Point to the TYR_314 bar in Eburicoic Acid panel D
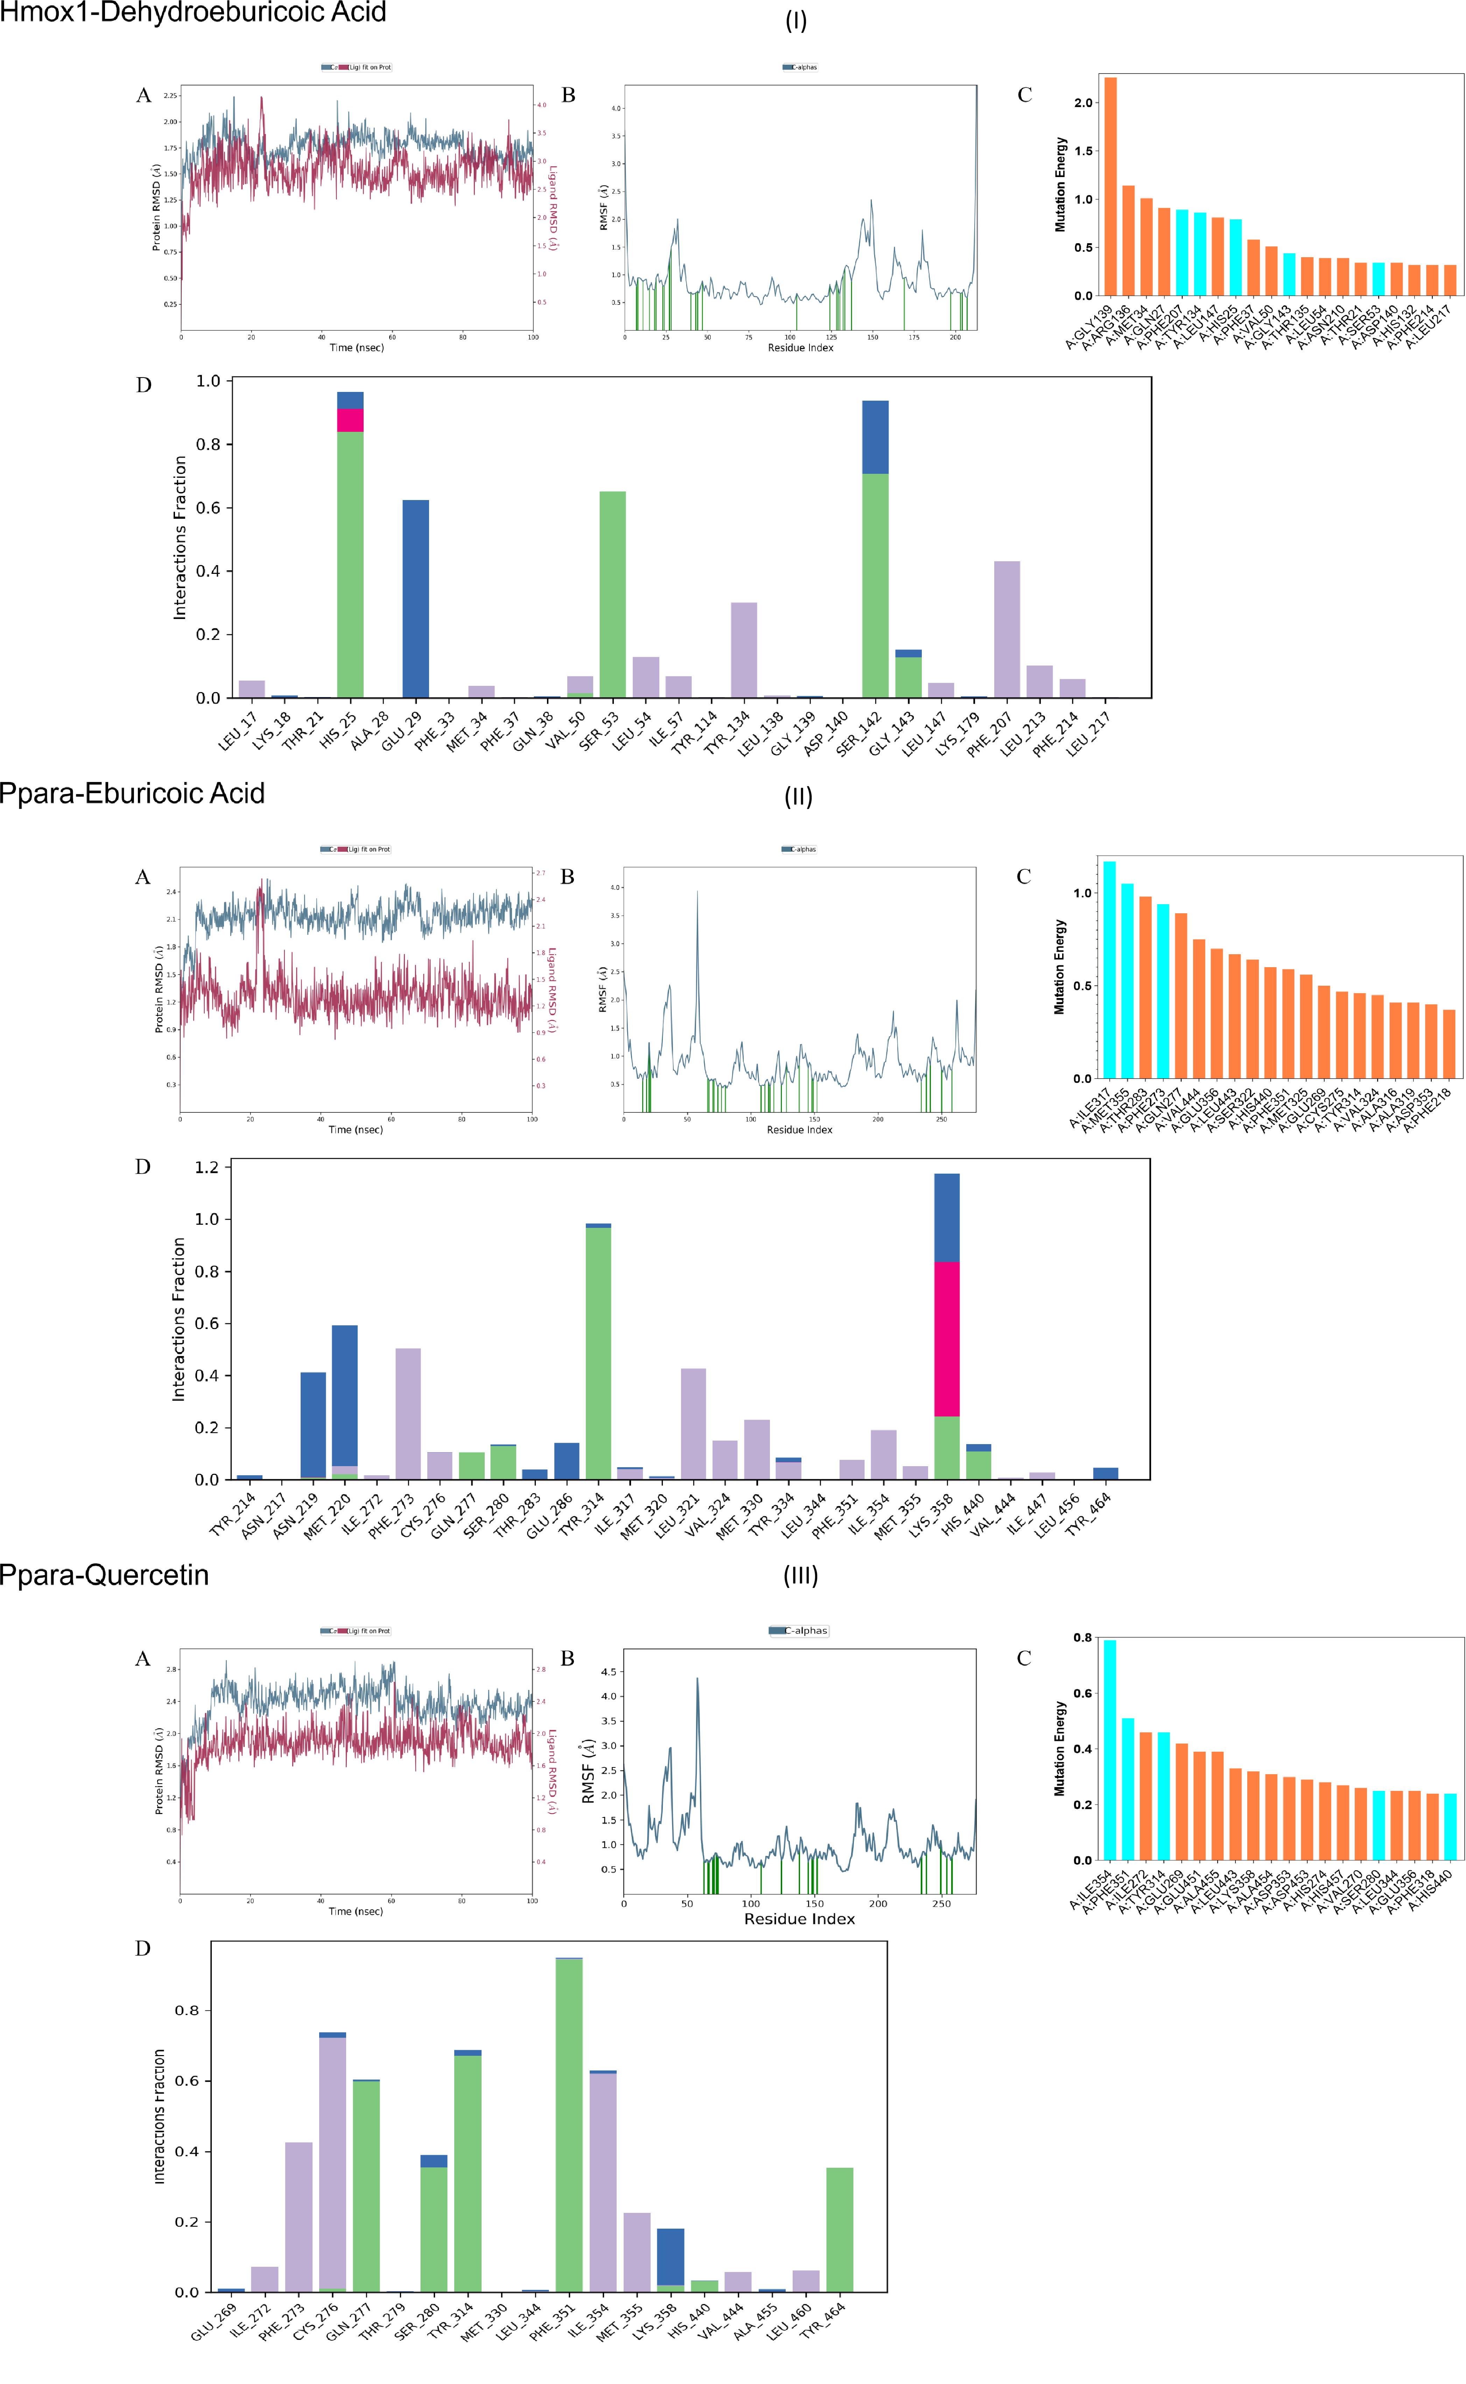pos(598,1352)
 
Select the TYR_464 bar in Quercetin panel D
pos(840,2230)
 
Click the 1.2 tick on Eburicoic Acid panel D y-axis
pos(206,1167)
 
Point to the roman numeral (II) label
pos(798,797)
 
